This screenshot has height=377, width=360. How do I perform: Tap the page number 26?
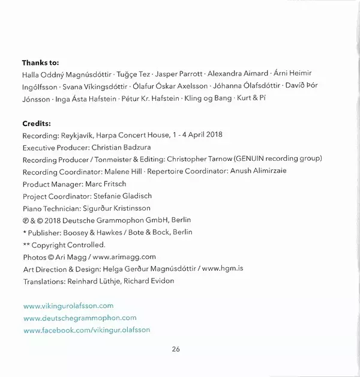coord(175,349)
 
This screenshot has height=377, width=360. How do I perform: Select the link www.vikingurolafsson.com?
coord(68,306)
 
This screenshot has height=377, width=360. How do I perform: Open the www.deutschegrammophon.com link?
coord(79,318)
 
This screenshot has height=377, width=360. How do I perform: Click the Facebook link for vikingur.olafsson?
coord(86,330)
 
